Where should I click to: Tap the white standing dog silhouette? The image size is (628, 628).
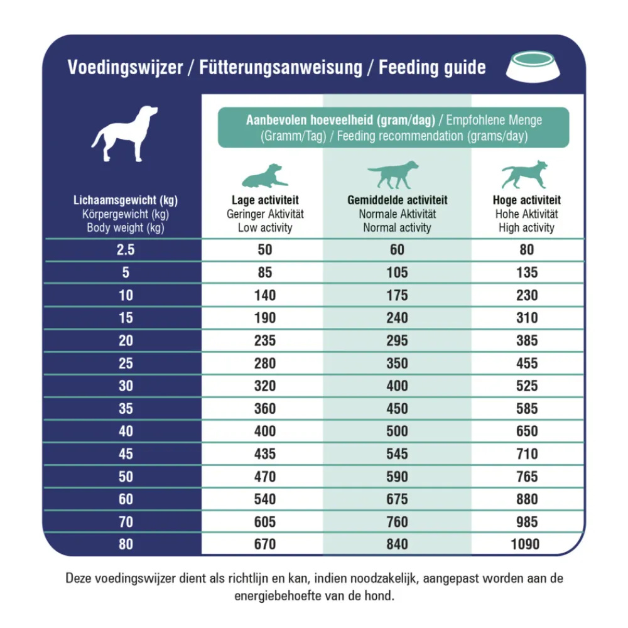pos(125,133)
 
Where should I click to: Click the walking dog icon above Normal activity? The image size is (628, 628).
pos(394,175)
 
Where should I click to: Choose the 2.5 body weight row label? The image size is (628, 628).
pos(126,250)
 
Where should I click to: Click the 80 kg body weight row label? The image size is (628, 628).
pos(126,544)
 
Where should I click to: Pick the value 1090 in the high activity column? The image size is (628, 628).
pos(526,544)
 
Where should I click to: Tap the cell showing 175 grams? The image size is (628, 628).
pos(397,295)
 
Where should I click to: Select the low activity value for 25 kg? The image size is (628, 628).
pos(265,363)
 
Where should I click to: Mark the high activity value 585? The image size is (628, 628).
pos(526,408)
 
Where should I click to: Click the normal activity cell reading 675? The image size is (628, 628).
pos(397,499)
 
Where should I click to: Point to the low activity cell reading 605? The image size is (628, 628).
pos(265,521)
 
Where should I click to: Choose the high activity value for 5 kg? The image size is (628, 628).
pos(526,273)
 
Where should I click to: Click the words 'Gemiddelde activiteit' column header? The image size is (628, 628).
pos(397,200)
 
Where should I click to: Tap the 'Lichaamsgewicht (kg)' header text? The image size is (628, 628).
pos(126,201)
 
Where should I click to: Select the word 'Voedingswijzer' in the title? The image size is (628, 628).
pos(124,68)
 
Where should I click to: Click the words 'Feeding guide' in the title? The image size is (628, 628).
pos(432,68)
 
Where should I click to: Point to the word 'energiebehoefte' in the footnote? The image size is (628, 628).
pos(272,595)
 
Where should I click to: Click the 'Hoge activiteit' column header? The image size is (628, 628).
pos(526,200)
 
